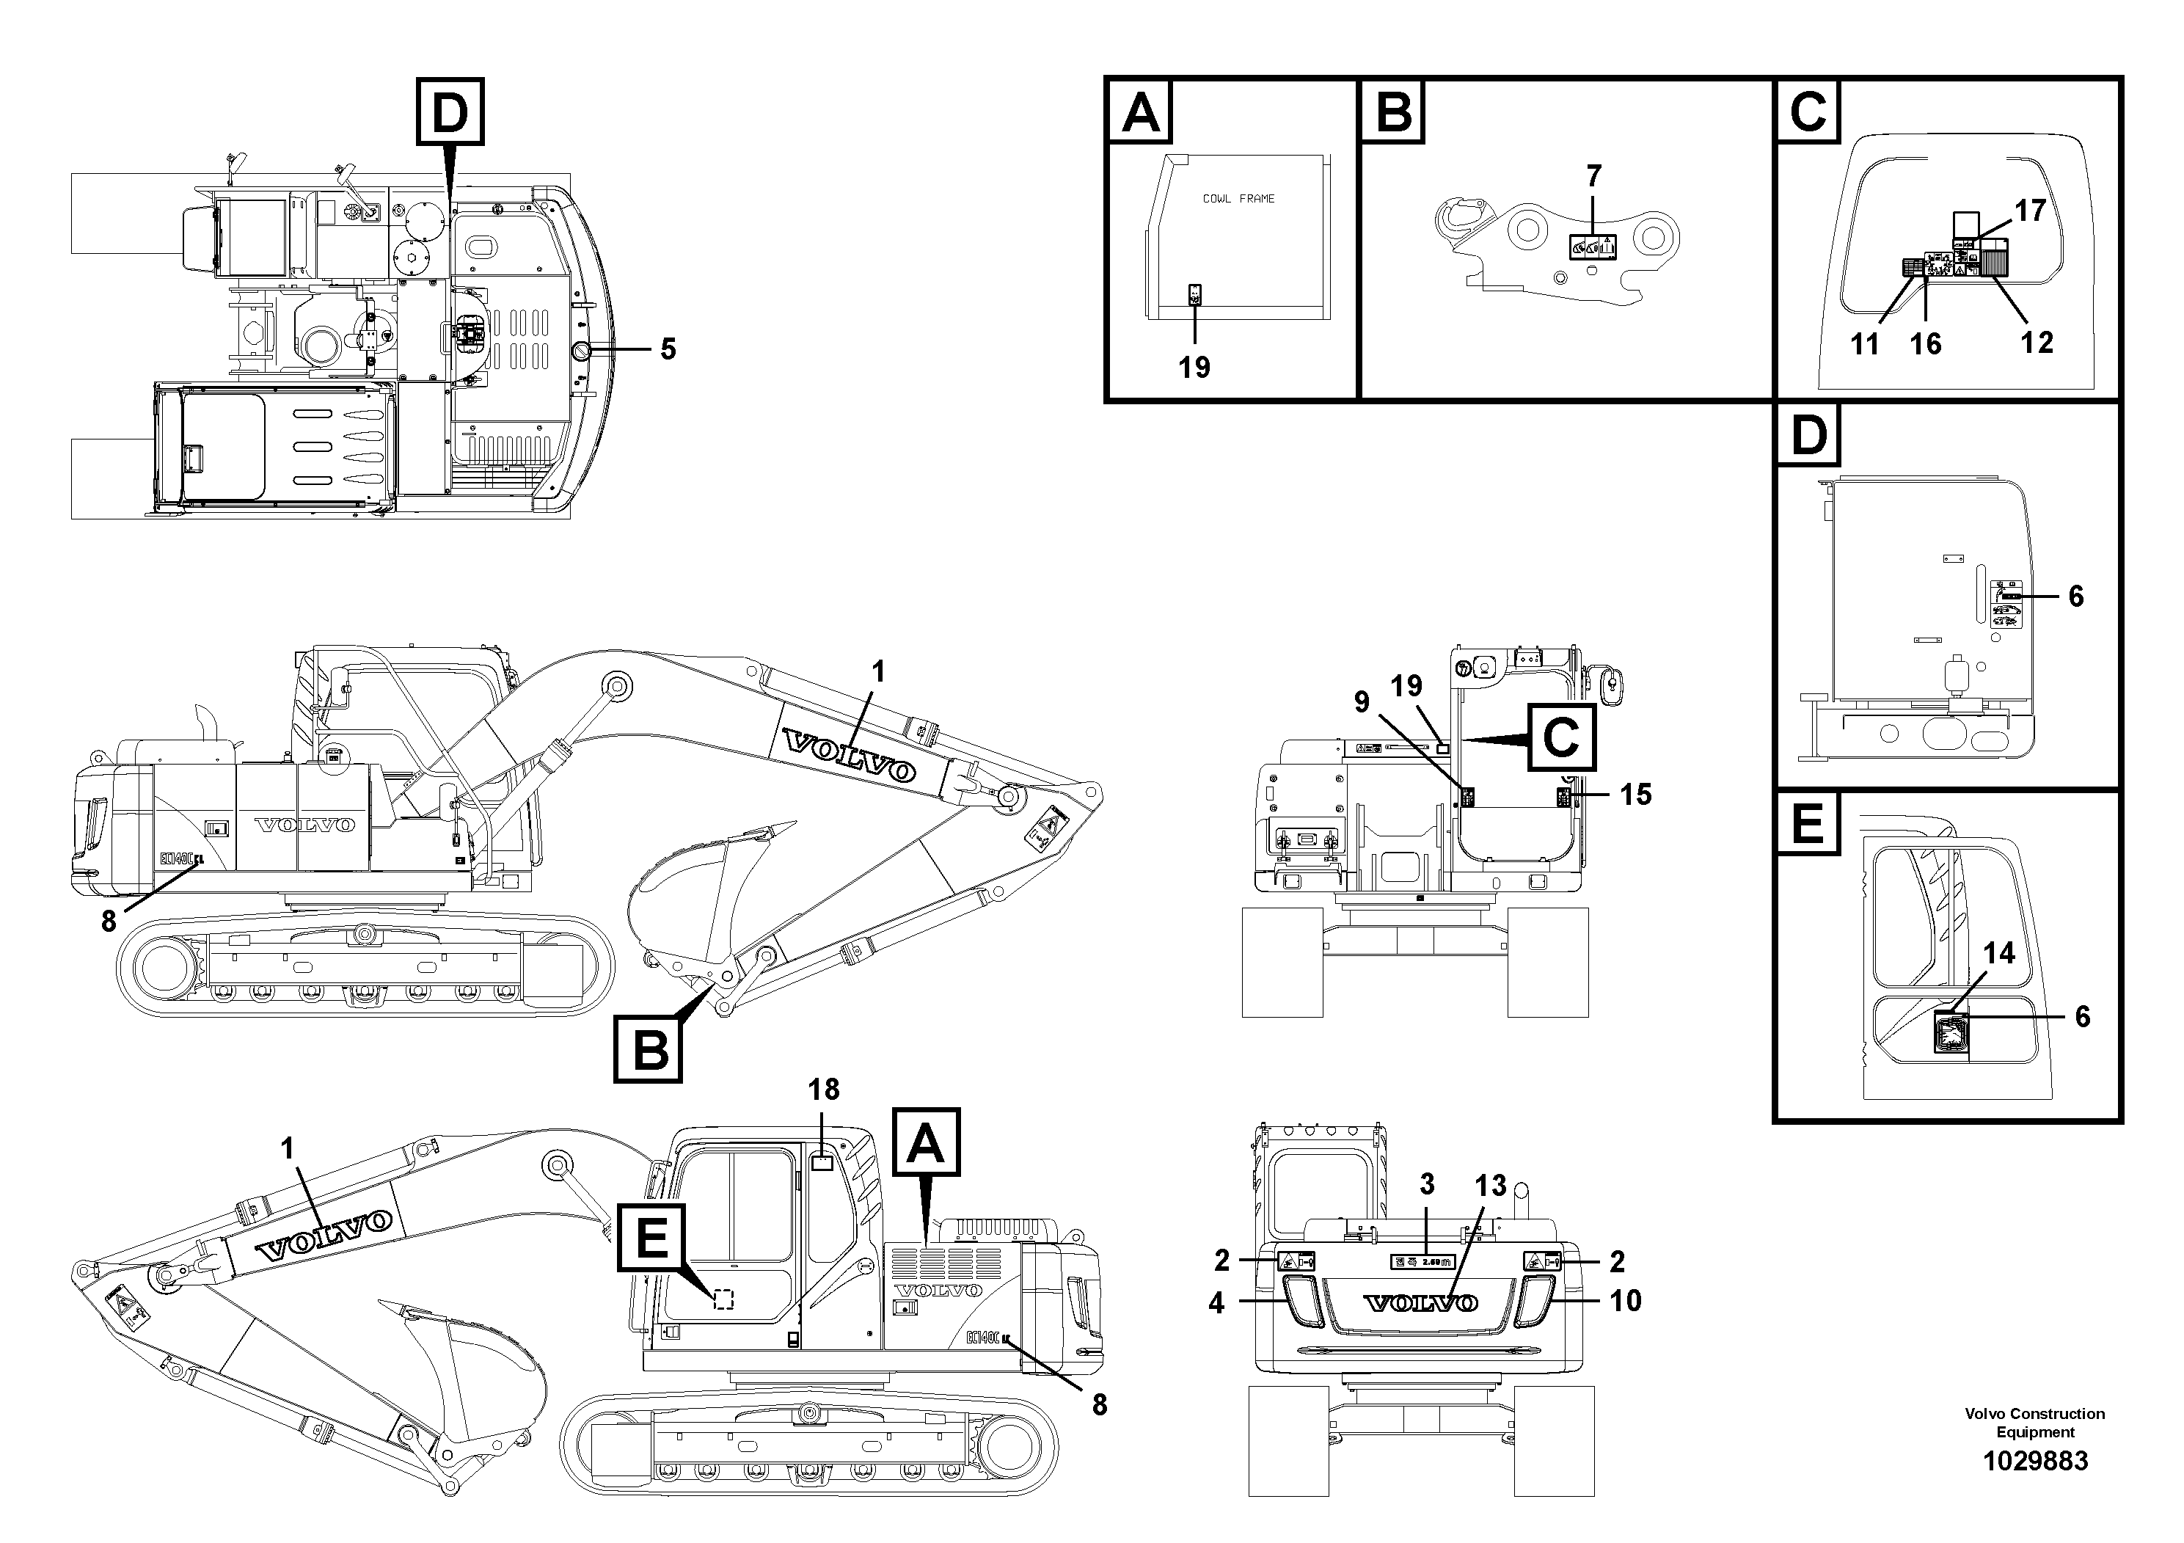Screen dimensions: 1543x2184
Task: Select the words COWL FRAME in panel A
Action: coord(1238,199)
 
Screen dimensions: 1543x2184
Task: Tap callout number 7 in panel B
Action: coord(1593,176)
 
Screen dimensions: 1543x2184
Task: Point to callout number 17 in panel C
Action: coord(2030,211)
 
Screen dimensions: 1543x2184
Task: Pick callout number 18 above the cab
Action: coord(824,1090)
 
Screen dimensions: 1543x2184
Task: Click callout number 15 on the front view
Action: coord(1635,795)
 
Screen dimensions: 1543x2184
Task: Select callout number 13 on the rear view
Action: coord(1491,1185)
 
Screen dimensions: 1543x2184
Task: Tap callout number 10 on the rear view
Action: coord(1626,1300)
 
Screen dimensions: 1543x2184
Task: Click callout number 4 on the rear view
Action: coord(1216,1302)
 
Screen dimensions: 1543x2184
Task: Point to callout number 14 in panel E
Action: coord(1998,953)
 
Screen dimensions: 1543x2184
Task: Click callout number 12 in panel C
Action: coord(2037,343)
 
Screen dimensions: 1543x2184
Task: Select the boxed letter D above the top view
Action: coord(450,113)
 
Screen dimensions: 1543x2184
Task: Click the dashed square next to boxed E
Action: coord(723,1299)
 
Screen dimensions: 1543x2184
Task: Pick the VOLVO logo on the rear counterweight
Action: coord(1421,1302)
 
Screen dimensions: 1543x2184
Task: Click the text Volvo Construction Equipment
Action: coord(2034,1423)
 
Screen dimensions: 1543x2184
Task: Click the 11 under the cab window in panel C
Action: coord(1864,343)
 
